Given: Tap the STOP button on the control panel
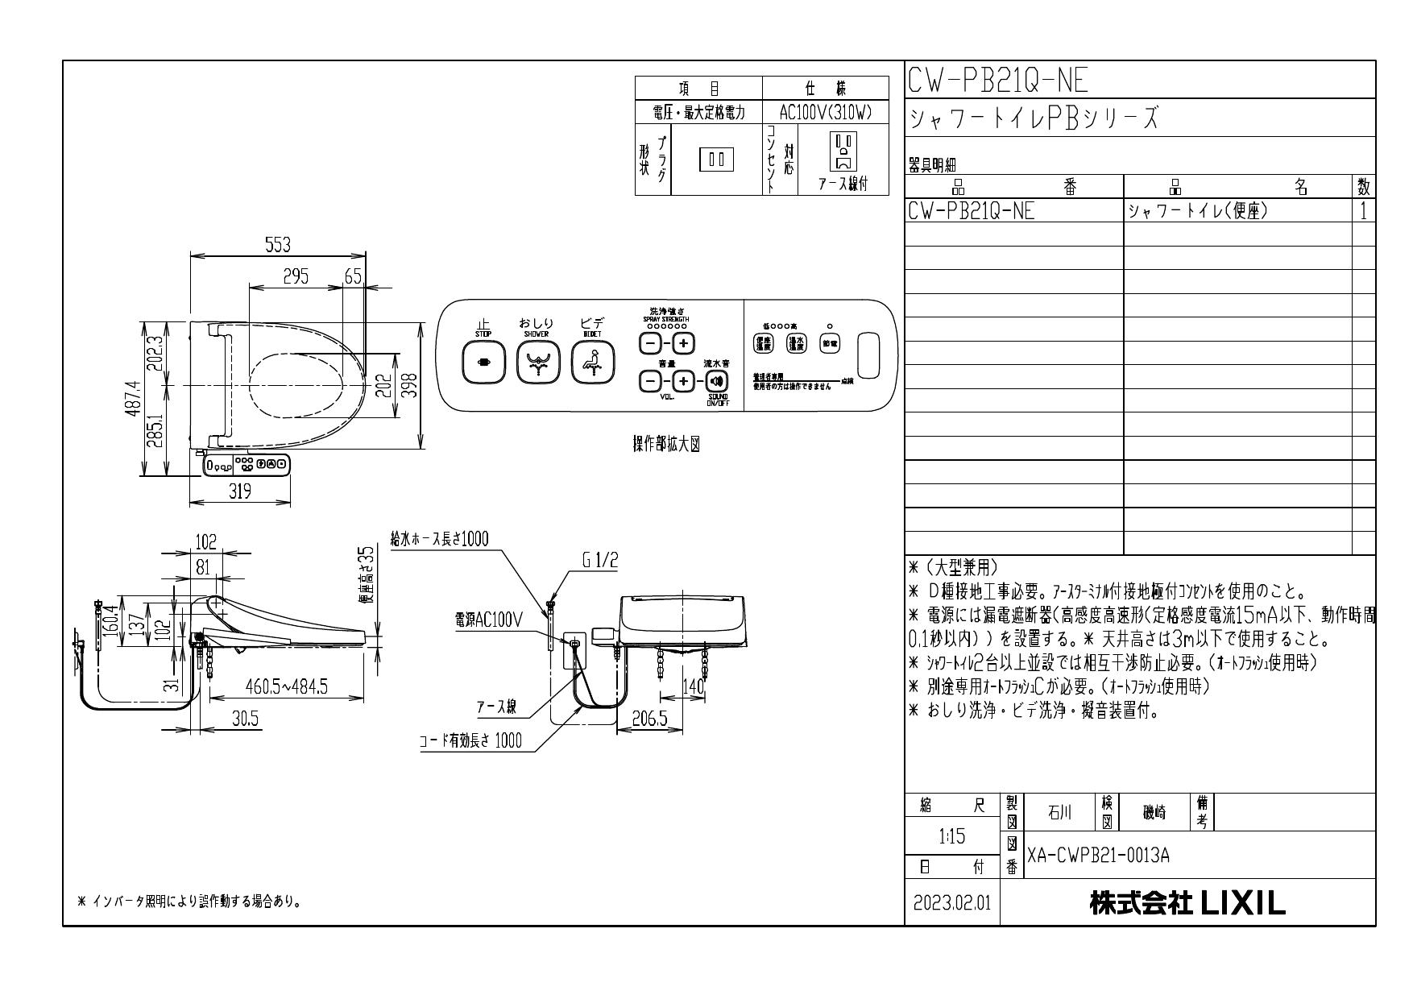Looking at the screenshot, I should click(483, 363).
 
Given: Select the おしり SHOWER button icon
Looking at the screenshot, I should click(537, 363).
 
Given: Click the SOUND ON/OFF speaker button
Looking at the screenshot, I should click(716, 381).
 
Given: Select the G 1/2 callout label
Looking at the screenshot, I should click(600, 562).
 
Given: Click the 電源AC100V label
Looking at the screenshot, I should click(489, 620).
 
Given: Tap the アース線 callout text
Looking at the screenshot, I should click(495, 707).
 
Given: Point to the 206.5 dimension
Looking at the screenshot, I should click(649, 719).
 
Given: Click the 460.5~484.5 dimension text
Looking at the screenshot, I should click(286, 686).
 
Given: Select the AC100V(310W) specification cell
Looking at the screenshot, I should click(826, 112).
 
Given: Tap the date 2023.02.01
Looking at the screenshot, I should click(952, 903).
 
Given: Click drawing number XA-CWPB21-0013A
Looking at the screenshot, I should click(1098, 856).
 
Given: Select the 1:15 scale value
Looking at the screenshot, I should click(951, 837).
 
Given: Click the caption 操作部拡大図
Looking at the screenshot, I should click(665, 446).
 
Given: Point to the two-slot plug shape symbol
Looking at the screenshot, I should click(716, 160).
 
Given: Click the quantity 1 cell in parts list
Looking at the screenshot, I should click(1363, 212).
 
